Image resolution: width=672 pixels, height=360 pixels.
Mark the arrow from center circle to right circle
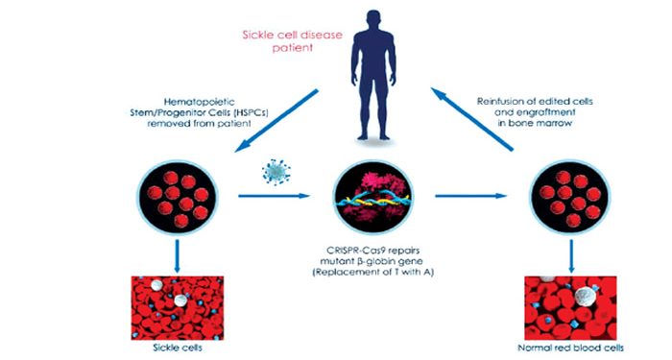[470, 196]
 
